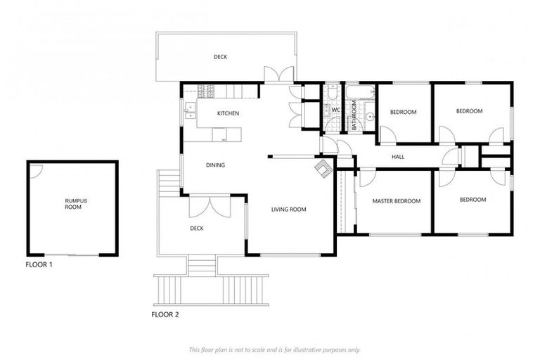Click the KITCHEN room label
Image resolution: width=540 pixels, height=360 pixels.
pyautogui.click(x=228, y=113)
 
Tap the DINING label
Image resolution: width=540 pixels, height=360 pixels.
pyautogui.click(x=215, y=166)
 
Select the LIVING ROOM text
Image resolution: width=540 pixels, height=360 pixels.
pyautogui.click(x=289, y=209)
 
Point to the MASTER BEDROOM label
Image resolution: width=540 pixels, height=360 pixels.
pyautogui.click(x=397, y=201)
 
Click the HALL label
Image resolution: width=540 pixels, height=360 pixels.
pyautogui.click(x=398, y=157)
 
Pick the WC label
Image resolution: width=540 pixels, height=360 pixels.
pyautogui.click(x=336, y=110)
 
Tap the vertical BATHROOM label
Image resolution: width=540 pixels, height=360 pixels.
pyautogui.click(x=354, y=113)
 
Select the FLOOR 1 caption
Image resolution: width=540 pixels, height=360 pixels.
pyautogui.click(x=39, y=266)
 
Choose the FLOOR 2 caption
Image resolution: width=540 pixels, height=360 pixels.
pyautogui.click(x=165, y=314)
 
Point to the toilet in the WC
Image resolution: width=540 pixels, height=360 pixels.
pyautogui.click(x=328, y=110)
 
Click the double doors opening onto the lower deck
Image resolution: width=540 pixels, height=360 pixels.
pyautogui.click(x=210, y=205)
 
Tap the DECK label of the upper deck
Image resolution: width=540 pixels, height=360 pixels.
pyautogui.click(x=221, y=57)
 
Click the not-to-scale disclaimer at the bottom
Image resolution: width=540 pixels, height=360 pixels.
pyautogui.click(x=274, y=349)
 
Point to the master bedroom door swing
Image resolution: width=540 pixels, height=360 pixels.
pyautogui.click(x=366, y=177)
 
